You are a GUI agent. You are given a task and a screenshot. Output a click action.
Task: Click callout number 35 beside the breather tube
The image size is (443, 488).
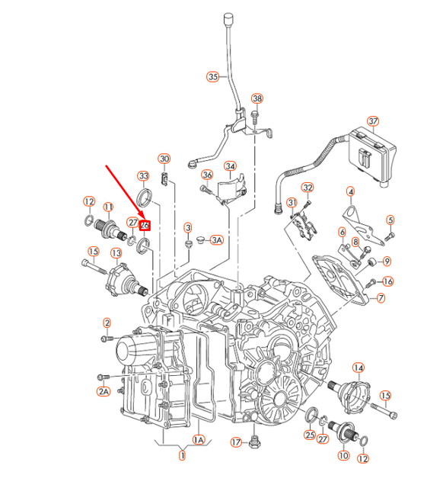click(x=212, y=76)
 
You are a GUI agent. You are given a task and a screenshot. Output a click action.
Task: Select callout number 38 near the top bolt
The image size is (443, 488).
click(x=257, y=99)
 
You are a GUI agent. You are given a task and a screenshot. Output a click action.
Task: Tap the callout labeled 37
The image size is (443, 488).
click(x=372, y=121)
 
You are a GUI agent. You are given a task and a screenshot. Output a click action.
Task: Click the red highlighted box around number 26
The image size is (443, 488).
click(x=145, y=223)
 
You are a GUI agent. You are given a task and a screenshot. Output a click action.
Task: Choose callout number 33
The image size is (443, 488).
click(x=143, y=176)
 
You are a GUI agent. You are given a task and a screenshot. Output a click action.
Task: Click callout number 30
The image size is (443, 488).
click(x=164, y=159)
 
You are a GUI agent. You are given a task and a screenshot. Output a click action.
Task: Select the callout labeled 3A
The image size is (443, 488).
click(x=216, y=240)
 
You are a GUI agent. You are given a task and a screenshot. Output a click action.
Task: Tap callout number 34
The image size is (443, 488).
click(x=230, y=166)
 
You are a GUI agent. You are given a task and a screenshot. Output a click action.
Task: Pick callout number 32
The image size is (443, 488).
click(x=308, y=188)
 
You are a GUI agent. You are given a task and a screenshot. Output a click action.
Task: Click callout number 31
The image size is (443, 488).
click(x=292, y=202)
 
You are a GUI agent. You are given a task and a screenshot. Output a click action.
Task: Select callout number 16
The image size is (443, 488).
click(x=387, y=281)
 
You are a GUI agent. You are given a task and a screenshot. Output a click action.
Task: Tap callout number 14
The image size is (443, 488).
click(x=358, y=368)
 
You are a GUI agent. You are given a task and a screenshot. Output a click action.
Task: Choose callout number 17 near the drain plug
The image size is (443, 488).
click(x=236, y=442)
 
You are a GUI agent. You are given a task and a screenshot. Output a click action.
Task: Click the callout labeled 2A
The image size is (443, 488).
click(x=102, y=391)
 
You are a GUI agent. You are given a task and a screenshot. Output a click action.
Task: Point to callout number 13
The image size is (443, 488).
click(x=116, y=252)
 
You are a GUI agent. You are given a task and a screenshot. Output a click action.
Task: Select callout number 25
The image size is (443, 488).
click(x=310, y=435)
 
